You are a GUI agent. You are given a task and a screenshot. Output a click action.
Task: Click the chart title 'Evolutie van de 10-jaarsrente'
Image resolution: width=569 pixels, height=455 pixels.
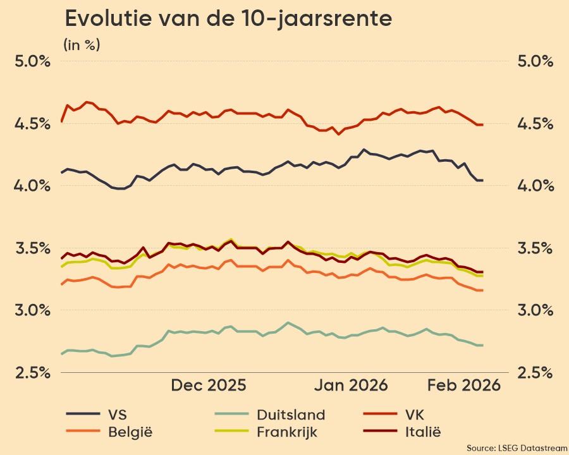point(228,19)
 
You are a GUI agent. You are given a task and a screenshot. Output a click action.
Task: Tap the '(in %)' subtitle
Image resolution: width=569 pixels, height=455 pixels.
point(82,45)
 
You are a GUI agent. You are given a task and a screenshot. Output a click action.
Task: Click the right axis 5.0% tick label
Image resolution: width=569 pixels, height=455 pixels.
point(535,62)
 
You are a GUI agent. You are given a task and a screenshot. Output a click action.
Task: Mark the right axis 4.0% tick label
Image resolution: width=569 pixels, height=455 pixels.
point(535,186)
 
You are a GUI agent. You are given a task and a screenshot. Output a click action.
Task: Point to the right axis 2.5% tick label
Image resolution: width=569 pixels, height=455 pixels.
point(535,372)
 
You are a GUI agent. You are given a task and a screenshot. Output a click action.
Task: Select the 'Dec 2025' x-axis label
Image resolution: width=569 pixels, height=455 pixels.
point(209,385)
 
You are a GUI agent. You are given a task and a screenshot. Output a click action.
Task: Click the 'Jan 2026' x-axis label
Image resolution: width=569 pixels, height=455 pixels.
point(352,385)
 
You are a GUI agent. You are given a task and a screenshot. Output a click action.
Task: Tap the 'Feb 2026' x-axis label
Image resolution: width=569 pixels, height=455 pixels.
point(465,385)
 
